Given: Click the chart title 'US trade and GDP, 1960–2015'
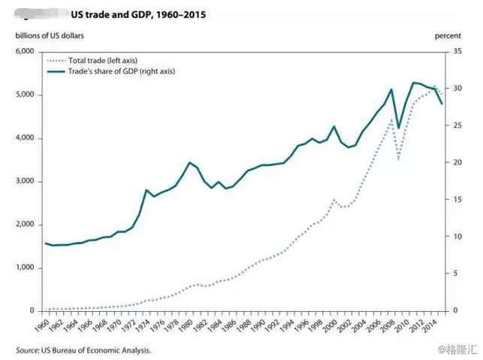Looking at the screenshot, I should click(137, 14).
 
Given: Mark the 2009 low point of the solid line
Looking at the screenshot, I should click(398, 129).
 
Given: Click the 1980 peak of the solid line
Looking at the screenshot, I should click(189, 162).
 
